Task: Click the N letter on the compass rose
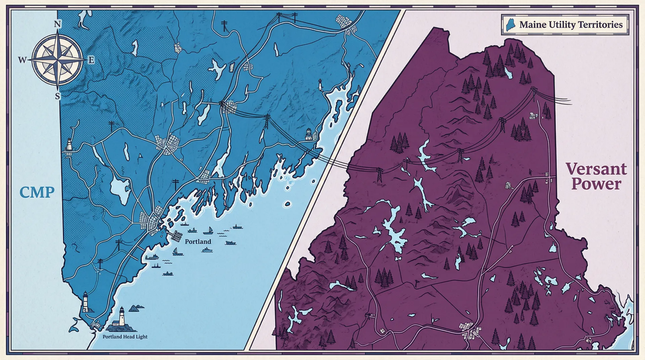tap(58, 24)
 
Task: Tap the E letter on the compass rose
tap(91, 60)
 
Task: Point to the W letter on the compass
tap(22, 60)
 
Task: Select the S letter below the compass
tap(57, 96)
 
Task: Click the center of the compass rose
tap(58, 60)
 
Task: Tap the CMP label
tap(37, 192)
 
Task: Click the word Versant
tap(596, 169)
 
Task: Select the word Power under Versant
tap(596, 184)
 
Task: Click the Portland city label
tap(198, 241)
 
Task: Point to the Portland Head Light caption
tap(125, 336)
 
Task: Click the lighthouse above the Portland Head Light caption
tap(121, 316)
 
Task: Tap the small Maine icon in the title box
tap(510, 25)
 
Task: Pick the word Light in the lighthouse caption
tap(141, 336)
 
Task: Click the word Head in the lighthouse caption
tap(129, 336)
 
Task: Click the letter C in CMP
tap(25, 192)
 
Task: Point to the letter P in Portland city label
tap(187, 241)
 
